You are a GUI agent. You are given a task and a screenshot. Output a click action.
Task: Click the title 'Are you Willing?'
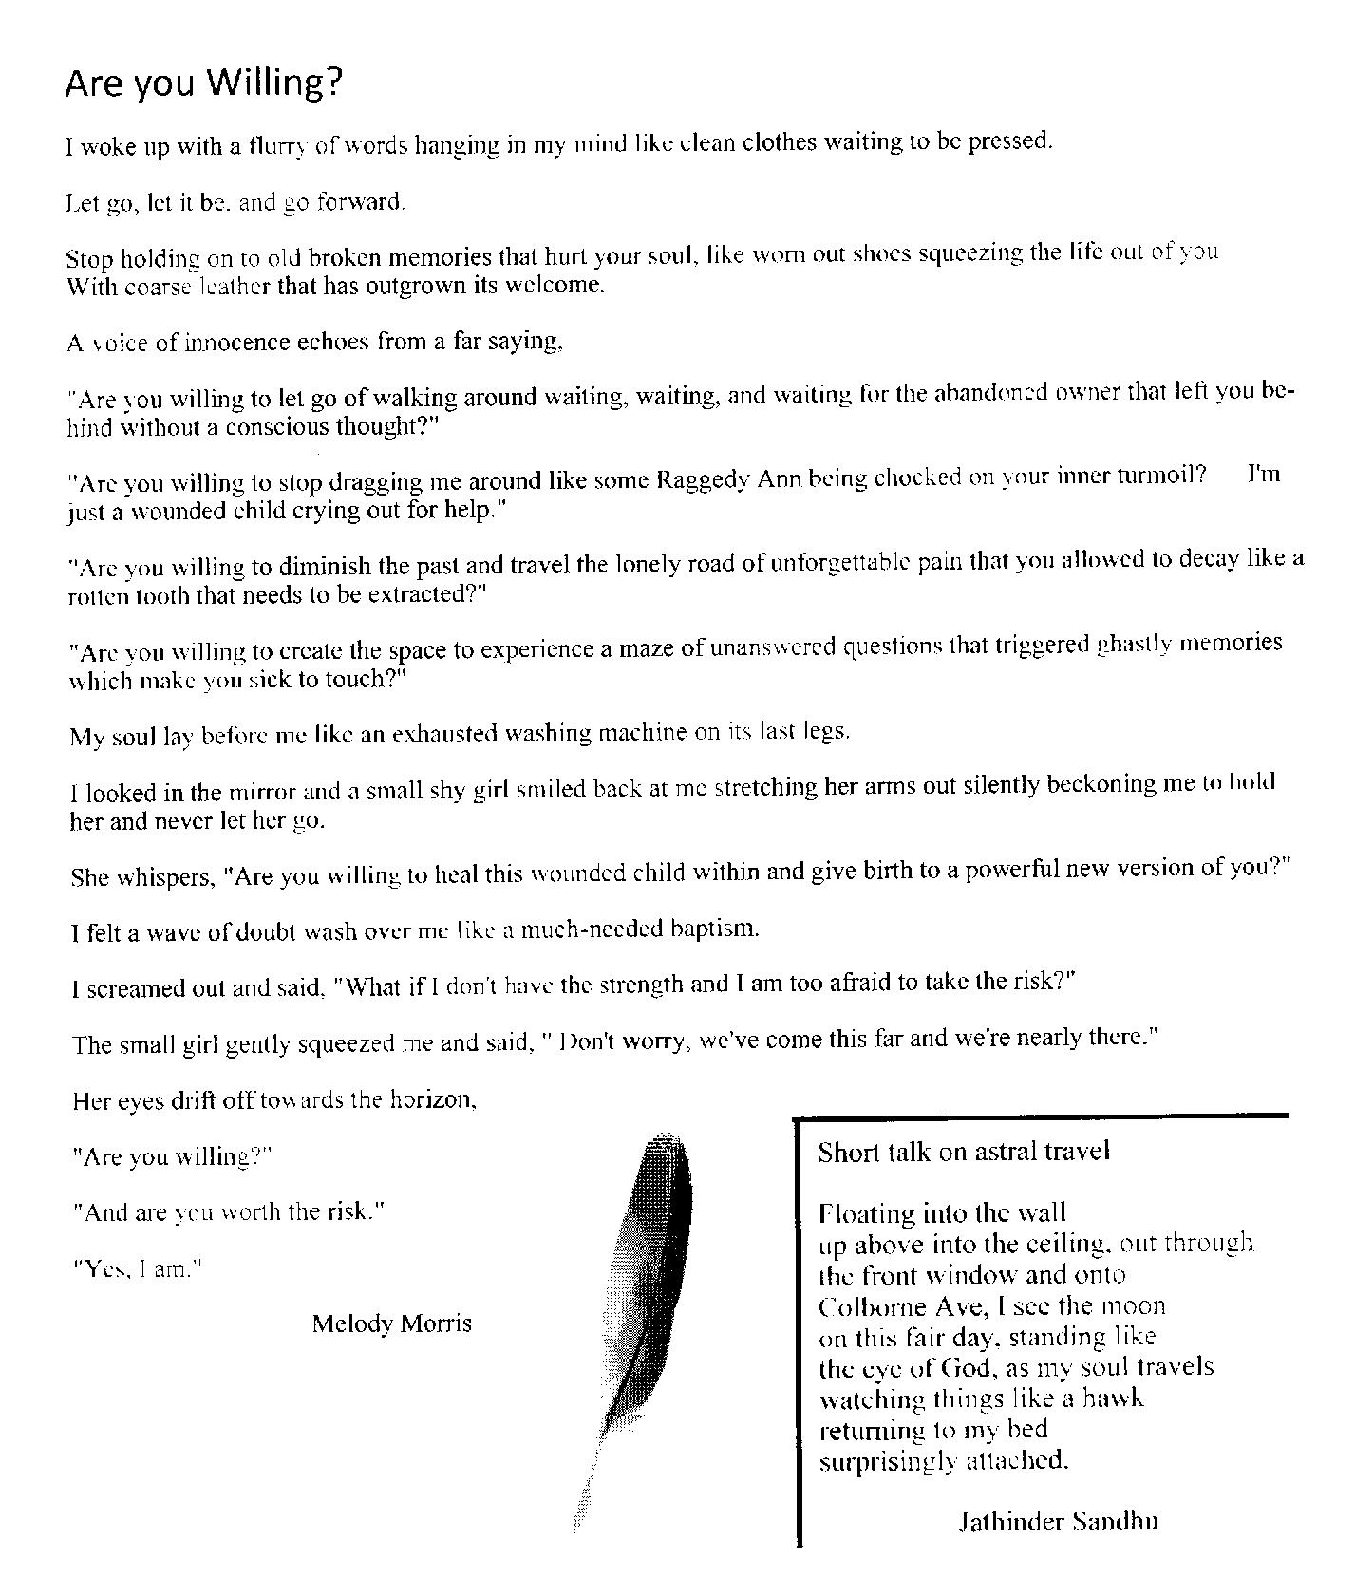pyautogui.click(x=203, y=84)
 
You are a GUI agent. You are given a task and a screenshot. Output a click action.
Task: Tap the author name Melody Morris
pyautogui.click(x=391, y=1323)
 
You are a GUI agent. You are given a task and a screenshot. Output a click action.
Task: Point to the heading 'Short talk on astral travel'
pyautogui.click(x=964, y=1152)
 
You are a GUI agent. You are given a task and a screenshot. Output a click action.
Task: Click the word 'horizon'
pyautogui.click(x=433, y=1100)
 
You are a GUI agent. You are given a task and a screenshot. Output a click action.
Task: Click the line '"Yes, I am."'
pyautogui.click(x=139, y=1269)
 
